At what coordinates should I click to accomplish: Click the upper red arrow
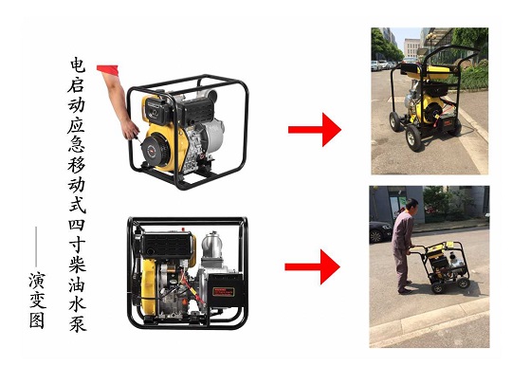click(315, 130)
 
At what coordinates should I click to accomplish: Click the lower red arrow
click(312, 266)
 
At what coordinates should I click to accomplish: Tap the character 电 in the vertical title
click(78, 65)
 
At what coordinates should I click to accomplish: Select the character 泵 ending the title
click(78, 322)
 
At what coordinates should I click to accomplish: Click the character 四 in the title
click(77, 225)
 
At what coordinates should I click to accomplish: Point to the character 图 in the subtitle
click(37, 320)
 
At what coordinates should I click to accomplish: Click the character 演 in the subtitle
click(37, 280)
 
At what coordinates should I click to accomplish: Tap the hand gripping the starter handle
click(130, 130)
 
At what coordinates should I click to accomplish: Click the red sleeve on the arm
click(107, 69)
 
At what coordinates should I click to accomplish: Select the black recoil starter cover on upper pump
click(155, 151)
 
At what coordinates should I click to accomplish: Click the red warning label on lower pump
click(224, 292)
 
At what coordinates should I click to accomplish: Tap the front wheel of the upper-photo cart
click(414, 138)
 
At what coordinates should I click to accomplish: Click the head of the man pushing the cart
click(411, 206)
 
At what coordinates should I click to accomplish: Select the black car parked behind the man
click(380, 231)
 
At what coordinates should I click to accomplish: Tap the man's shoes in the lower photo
click(405, 291)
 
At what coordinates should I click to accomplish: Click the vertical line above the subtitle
click(36, 247)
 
